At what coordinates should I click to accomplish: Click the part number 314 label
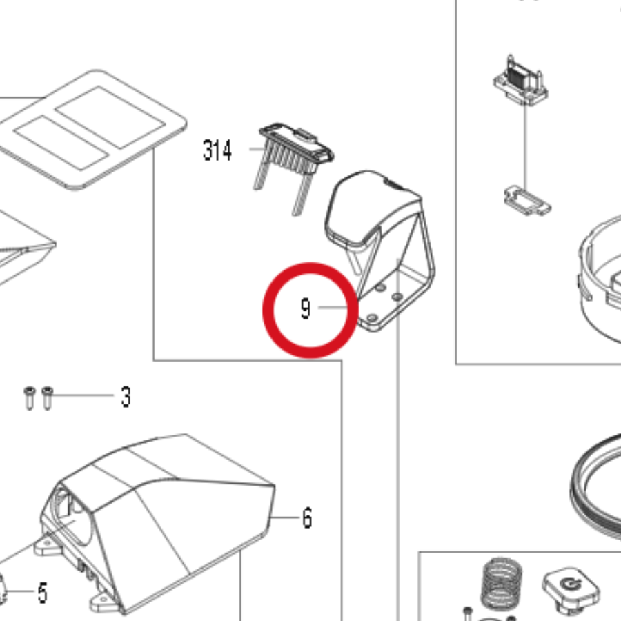click(217, 150)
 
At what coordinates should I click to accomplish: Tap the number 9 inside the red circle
click(306, 309)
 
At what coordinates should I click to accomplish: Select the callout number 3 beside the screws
click(126, 397)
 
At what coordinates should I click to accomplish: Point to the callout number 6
click(307, 518)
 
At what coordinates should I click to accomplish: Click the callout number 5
click(43, 593)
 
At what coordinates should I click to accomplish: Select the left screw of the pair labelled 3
click(29, 398)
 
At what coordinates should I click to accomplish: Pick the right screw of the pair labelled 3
click(47, 398)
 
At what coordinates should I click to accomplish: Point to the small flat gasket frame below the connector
click(527, 201)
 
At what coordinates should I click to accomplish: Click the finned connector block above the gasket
click(520, 81)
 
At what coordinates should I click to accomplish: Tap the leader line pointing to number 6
click(285, 517)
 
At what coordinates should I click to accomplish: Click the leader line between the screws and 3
click(83, 395)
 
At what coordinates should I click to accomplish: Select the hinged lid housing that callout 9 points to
click(380, 250)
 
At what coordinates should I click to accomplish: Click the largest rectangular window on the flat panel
click(110, 117)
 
